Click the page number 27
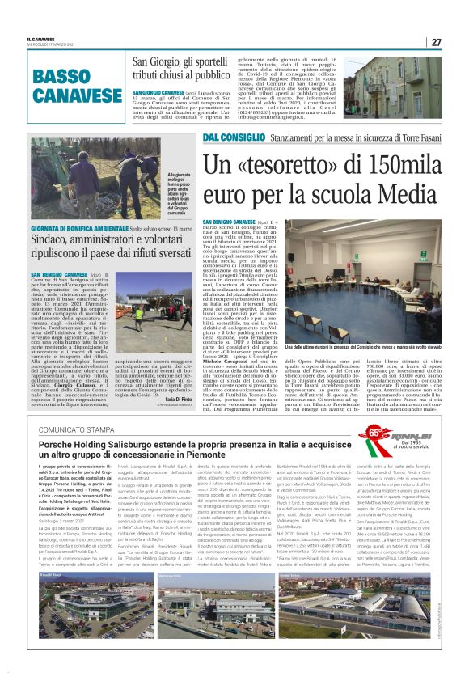point(435,42)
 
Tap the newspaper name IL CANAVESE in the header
point(42,39)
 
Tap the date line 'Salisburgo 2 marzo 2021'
point(64,544)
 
